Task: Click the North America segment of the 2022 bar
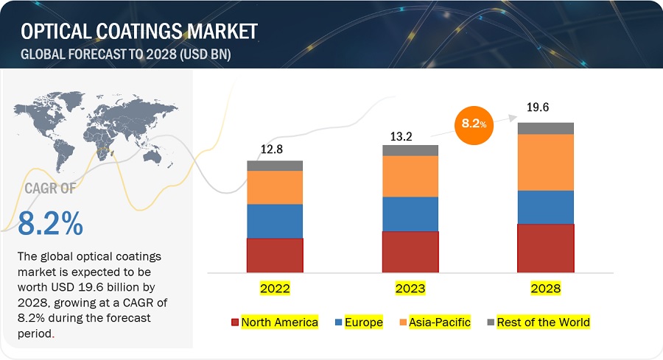[275, 255]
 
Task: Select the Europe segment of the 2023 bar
[410, 214]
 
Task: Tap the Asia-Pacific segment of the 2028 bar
[546, 162]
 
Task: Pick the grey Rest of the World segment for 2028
[546, 128]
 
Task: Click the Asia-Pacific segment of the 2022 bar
[275, 187]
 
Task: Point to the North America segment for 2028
[546, 248]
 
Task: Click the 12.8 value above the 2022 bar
[271, 149]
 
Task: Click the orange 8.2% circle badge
[472, 124]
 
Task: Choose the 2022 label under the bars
[275, 289]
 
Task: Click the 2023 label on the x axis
[410, 289]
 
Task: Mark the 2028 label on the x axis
[546, 289]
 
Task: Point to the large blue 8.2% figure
[50, 225]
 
